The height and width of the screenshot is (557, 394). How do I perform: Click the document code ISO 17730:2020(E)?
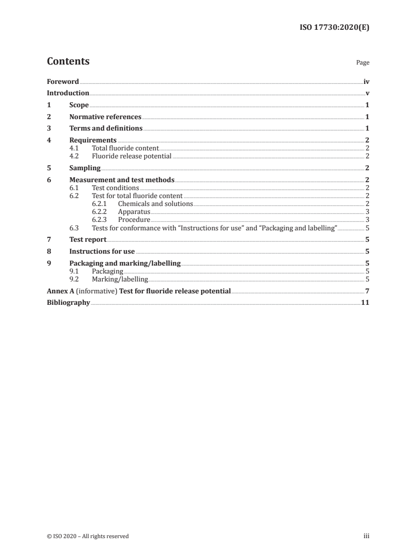pos(335,28)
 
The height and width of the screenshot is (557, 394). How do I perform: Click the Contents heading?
pos(68,62)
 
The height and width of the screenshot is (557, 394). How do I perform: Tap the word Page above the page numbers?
pos(363,63)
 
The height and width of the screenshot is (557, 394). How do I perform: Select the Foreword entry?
pos(63,81)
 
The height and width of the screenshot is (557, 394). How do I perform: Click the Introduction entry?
pos(68,93)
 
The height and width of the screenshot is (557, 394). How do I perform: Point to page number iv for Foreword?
pos(366,81)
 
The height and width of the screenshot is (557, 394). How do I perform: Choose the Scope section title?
pos(79,105)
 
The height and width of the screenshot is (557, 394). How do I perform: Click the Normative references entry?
pos(105,117)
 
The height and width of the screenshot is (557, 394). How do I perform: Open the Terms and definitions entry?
pos(106,129)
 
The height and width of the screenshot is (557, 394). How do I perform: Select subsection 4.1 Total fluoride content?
pos(125,148)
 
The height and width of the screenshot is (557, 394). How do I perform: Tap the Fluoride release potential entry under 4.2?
pos(132,156)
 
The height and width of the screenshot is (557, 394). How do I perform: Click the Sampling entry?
pos(85,168)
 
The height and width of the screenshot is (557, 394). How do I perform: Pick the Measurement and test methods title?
pos(122,180)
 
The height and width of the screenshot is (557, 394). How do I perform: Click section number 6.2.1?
pos(100,204)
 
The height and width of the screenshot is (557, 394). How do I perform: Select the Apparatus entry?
pos(134,211)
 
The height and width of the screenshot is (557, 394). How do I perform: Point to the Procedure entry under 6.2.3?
pos(134,219)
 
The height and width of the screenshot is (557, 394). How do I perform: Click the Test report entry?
pos(88,239)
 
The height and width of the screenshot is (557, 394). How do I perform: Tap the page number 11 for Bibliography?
pos(365,302)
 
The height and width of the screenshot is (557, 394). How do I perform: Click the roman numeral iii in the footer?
pos(366,536)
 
